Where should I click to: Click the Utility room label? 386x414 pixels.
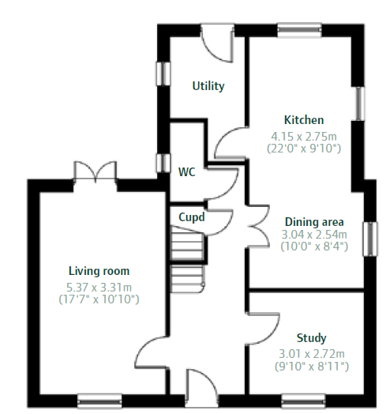208,86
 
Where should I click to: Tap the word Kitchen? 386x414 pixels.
304,120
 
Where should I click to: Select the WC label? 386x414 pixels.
187,172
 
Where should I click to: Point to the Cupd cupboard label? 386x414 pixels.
192,217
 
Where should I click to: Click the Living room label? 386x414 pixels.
99,271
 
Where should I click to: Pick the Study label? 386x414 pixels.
311,338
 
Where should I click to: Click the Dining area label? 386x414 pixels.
314,222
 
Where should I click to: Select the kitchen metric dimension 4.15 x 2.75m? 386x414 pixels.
304,137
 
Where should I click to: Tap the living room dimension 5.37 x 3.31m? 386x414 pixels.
99,288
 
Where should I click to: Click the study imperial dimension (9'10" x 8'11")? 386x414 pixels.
312,367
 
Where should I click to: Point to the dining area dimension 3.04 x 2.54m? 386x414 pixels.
314,234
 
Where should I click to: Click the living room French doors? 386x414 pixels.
96,171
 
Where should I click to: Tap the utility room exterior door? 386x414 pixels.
217,43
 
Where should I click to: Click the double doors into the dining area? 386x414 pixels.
259,226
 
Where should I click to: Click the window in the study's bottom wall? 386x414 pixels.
303,401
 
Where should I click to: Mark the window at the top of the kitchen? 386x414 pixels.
299,30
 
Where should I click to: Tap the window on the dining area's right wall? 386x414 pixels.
370,239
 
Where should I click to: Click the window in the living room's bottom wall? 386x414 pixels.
99,401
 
